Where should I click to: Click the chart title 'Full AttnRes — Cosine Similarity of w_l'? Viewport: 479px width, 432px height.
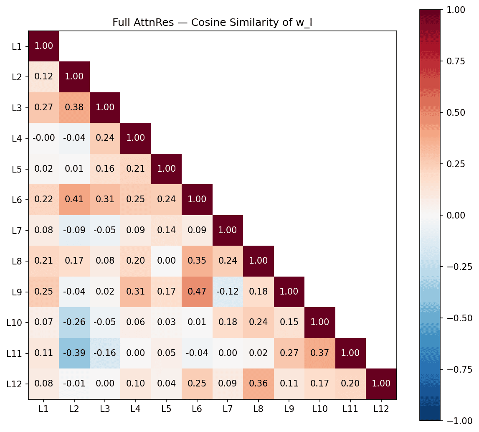[213, 23]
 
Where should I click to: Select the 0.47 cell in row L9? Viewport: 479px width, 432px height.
[197, 292]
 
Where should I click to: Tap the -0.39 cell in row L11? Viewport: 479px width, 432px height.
[74, 353]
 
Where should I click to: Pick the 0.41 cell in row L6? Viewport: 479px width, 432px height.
[74, 199]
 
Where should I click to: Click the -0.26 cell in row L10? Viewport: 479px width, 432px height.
[74, 323]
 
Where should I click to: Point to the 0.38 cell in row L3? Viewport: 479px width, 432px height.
[74, 107]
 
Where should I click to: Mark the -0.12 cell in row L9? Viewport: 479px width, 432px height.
[228, 292]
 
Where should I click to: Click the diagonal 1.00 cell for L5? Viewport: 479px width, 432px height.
[166, 169]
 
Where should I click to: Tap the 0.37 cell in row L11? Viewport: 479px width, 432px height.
[320, 353]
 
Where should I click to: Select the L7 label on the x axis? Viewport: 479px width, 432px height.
[228, 409]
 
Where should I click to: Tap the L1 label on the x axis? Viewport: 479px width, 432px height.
[43, 409]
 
